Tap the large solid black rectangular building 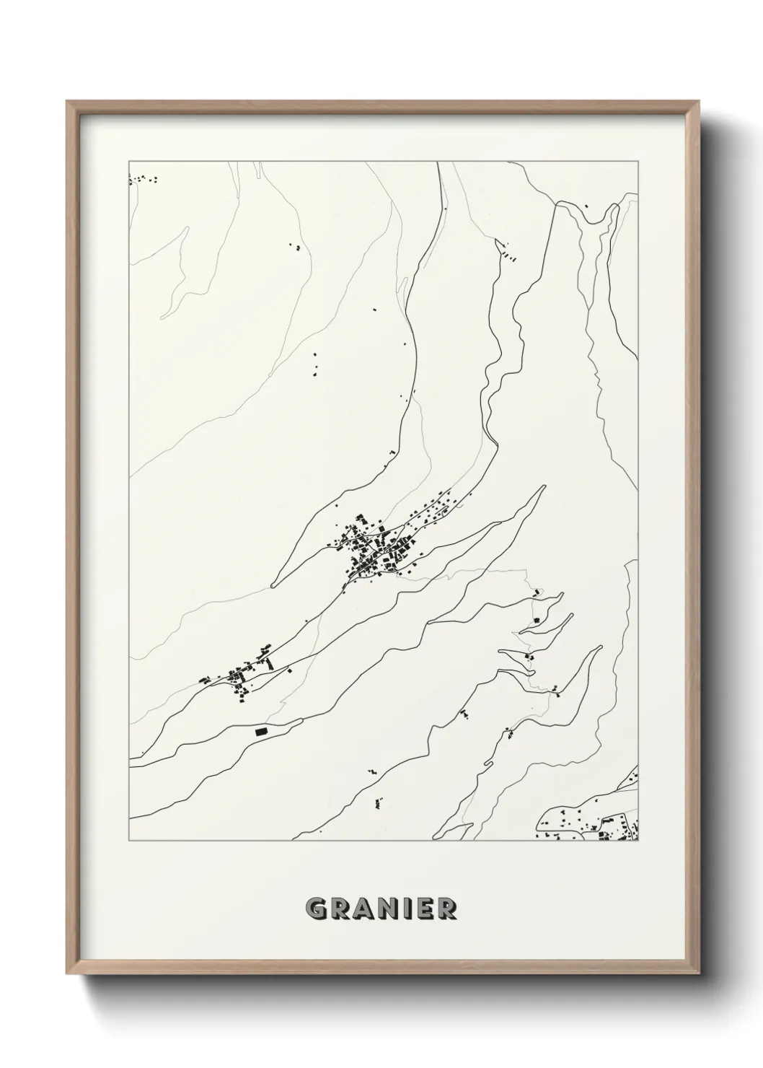coord(261,732)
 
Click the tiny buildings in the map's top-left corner coord(142,179)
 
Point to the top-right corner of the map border coord(638,157)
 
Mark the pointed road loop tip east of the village coord(542,487)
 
